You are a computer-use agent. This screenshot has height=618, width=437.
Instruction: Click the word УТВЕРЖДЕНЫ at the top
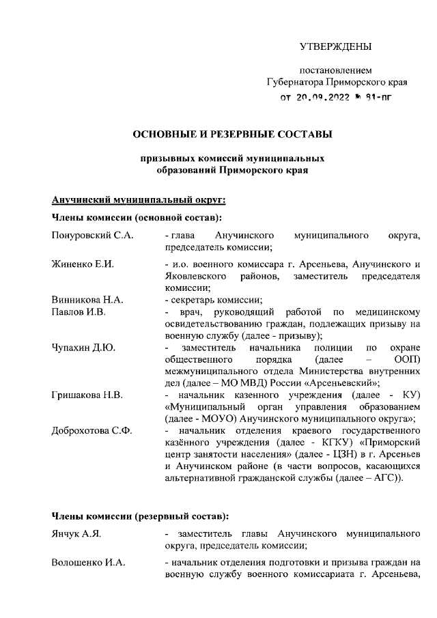click(336, 46)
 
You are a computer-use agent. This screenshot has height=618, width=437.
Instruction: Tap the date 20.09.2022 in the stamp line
click(322, 97)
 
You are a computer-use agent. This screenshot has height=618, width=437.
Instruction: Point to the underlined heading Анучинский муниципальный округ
click(139, 199)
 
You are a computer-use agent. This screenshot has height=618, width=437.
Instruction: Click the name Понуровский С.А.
click(92, 236)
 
